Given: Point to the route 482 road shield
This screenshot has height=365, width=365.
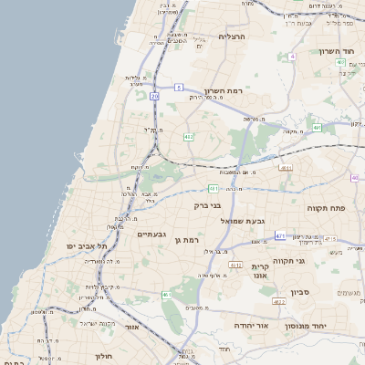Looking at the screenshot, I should pos(189,137).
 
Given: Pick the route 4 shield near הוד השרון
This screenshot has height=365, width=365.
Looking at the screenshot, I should pos(292,57).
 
